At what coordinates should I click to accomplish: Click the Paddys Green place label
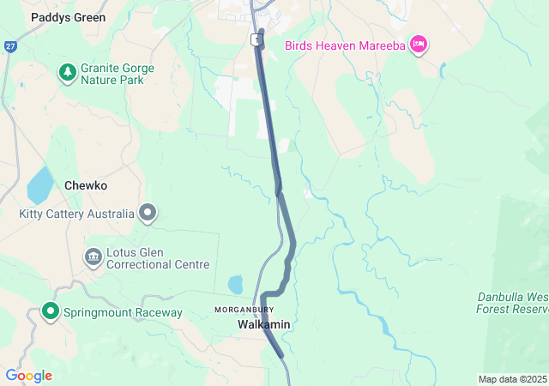[68, 17]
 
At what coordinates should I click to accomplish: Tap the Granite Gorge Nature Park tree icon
[67, 73]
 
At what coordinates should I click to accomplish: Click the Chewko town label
[86, 185]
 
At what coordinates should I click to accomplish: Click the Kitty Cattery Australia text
[77, 214]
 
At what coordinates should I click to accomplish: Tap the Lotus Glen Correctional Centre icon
[93, 257]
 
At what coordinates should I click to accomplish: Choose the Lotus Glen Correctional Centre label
[158, 258]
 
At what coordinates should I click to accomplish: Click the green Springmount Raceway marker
[51, 311]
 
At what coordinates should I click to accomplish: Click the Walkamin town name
[263, 325]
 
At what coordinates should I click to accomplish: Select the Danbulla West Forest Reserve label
[513, 303]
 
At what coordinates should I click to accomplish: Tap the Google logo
[28, 376]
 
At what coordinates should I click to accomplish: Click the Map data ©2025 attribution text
[511, 379]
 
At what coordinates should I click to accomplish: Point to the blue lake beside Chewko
[39, 184]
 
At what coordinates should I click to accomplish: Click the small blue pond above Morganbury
[235, 283]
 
